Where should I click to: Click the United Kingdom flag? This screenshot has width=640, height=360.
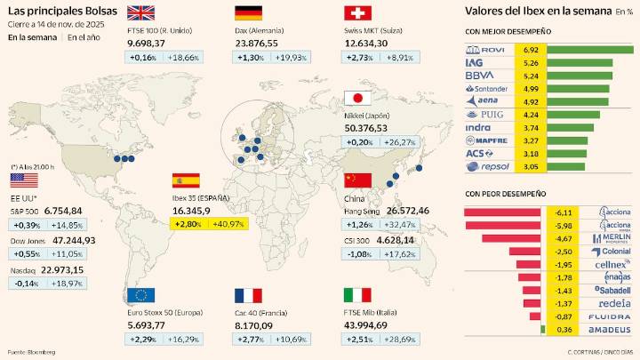(140, 12)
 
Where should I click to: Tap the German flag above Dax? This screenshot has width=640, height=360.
(248, 12)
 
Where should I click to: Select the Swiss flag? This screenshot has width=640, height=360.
(356, 12)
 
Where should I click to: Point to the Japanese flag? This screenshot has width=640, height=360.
(356, 99)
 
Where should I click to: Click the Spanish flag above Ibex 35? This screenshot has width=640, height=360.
(186, 180)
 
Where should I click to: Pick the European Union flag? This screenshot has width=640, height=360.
(140, 295)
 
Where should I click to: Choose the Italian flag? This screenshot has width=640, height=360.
(356, 295)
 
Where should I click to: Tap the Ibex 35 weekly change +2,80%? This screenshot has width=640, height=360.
(189, 224)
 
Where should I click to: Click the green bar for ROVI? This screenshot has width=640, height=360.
(590, 50)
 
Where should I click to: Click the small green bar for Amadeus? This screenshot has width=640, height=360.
(543, 330)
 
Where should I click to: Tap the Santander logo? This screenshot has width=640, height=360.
(486, 88)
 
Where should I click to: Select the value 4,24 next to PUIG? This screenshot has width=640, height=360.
(532, 115)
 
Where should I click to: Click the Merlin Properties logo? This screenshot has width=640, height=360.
(615, 238)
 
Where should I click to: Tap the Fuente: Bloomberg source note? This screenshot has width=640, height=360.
(31, 352)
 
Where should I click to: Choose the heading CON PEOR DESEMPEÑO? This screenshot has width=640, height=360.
(505, 193)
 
